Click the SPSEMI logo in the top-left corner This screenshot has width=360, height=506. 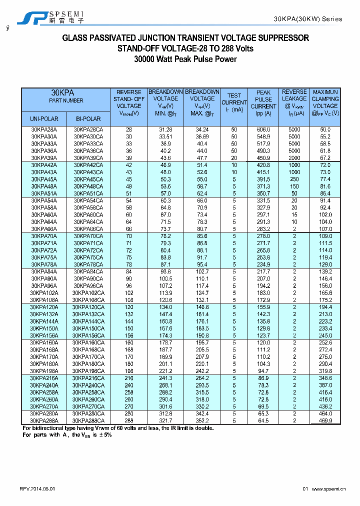pos(50,17)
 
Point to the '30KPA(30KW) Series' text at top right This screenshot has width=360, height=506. pos(308,19)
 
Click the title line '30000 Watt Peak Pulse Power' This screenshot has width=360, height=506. pos(185,59)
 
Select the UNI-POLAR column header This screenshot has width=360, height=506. pos(44,119)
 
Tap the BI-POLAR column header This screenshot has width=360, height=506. pos(88,119)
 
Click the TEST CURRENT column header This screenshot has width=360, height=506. pos(234,102)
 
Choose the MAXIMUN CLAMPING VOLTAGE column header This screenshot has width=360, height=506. pos(325,102)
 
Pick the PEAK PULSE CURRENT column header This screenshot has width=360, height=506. pos(263,102)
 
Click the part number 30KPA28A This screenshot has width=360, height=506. pos(44,129)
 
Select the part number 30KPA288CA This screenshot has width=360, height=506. pos(88,421)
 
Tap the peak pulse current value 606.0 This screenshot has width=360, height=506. pos(263,129)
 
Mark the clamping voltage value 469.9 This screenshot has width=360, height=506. pos(325,421)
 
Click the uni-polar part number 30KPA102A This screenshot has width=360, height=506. pos(44,292)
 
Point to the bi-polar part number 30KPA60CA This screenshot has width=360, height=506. pos(88,215)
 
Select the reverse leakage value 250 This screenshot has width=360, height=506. pos(294,179)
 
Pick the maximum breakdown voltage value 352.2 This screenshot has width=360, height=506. pos(202,414)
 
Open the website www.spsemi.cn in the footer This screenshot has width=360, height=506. pos(328,489)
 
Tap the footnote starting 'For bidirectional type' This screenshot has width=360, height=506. pos(118,428)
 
